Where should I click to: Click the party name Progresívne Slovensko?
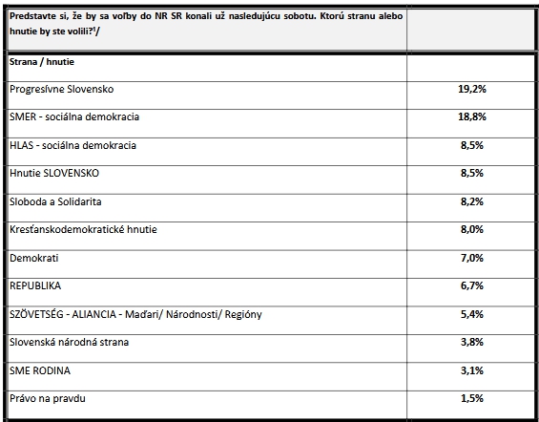61,89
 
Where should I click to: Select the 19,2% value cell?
472,89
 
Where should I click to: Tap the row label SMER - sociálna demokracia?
74,116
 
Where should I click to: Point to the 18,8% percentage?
472,116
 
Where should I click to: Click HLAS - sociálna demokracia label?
73,145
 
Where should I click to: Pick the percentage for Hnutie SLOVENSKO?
472,173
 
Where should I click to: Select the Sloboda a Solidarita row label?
55,201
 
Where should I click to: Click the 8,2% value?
472,201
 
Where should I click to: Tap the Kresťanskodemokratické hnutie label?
83,229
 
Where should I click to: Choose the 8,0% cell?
472,229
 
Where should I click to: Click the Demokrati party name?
34,258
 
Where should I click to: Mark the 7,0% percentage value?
472,258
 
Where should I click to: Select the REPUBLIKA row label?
35,285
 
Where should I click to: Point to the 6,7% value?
472,285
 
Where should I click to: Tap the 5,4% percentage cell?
472,314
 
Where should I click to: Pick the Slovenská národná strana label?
69,342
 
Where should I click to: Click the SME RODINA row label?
40,370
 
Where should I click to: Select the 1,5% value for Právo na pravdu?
472,399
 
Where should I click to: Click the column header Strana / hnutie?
42,62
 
